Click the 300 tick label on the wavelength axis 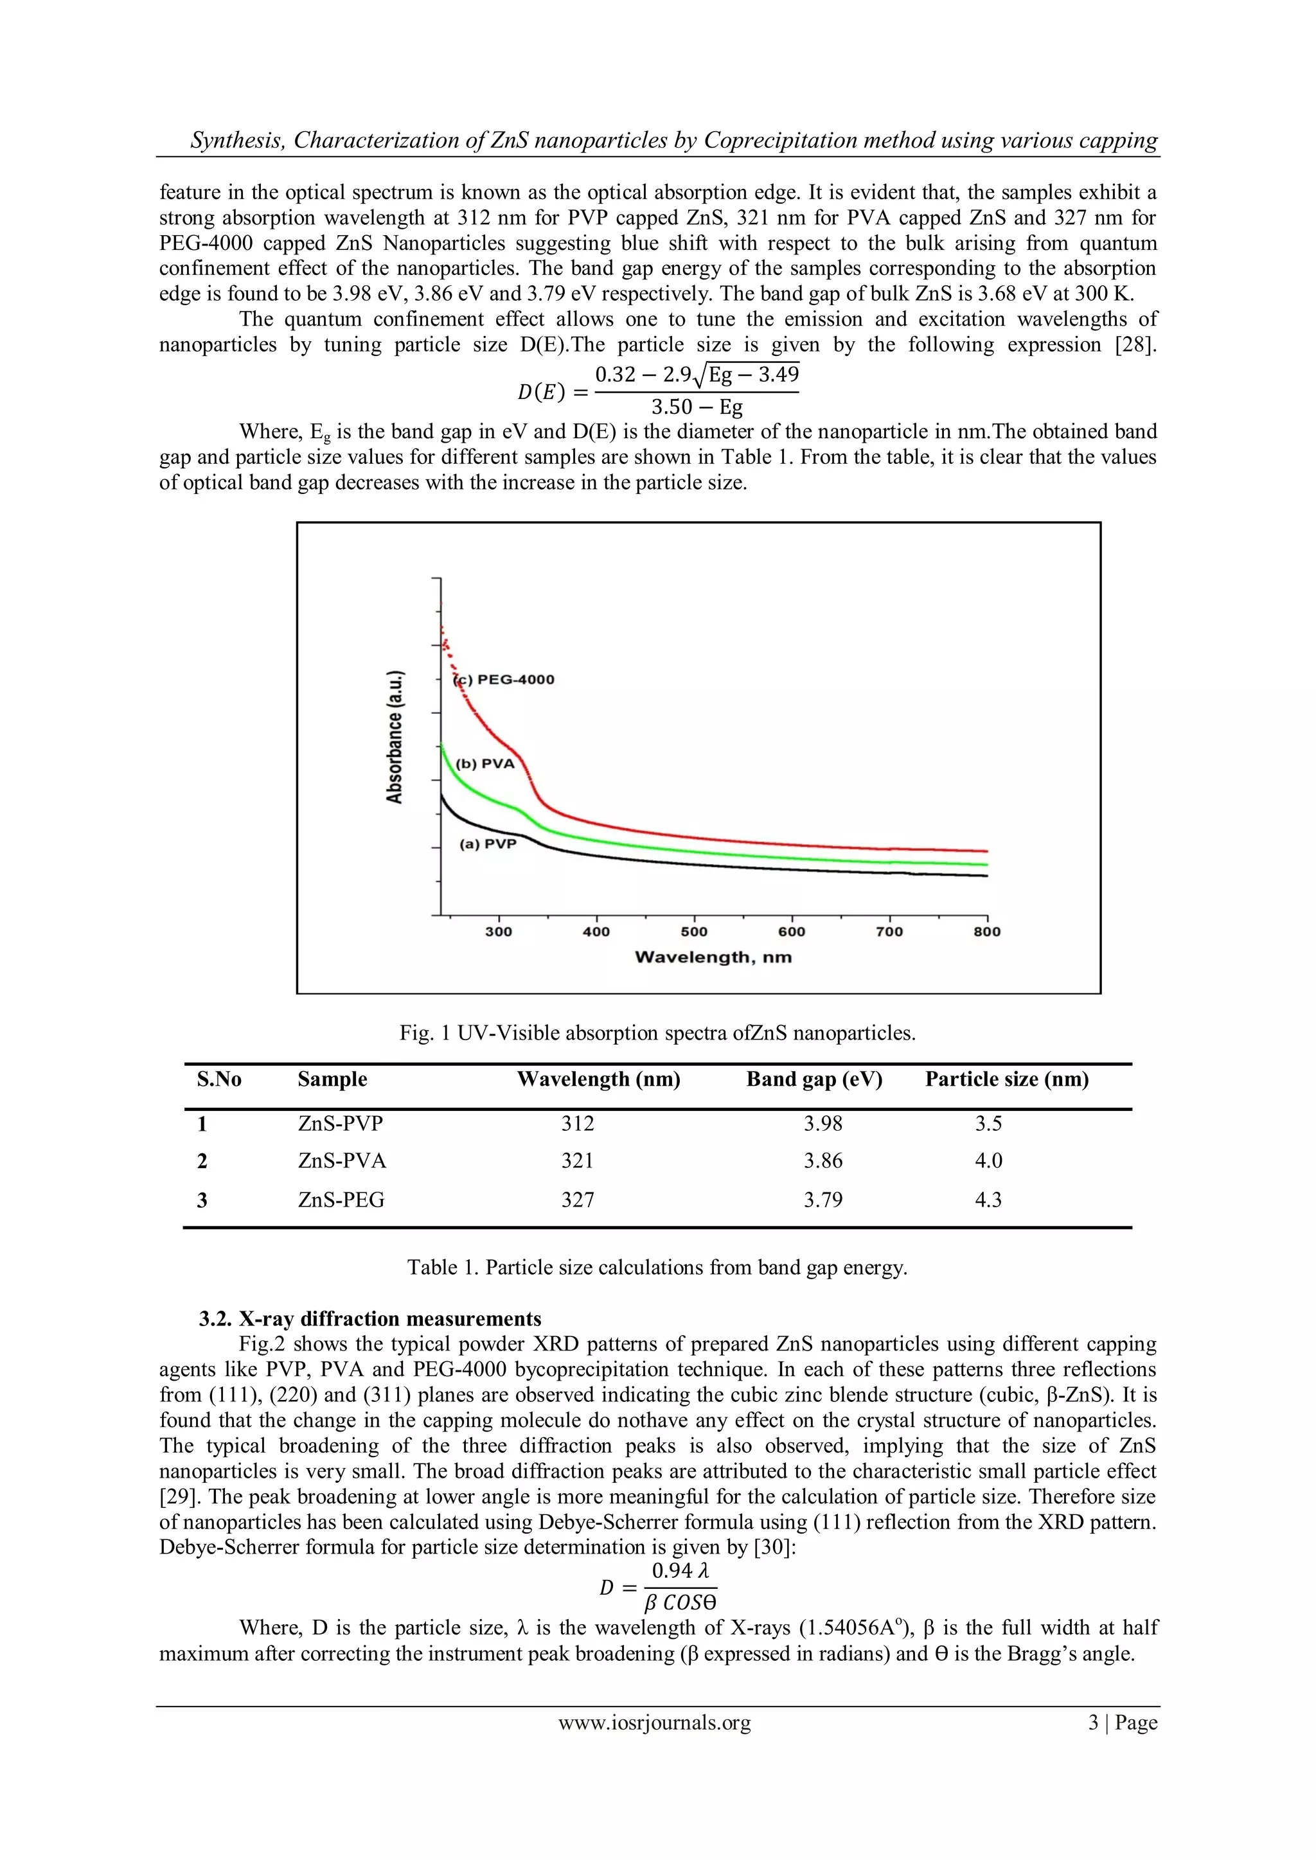pos(499,932)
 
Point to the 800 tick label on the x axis pos(987,932)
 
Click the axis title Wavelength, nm pos(713,957)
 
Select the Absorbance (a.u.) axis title pos(395,736)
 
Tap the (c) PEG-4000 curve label pos(504,680)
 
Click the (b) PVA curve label pos(485,764)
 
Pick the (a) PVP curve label pos(488,844)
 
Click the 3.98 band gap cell pos(822,1124)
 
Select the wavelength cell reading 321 pos(578,1161)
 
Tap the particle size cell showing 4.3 pos(988,1200)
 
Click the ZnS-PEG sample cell pos(341,1200)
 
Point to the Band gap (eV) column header pos(814,1079)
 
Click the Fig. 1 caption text pos(657,1033)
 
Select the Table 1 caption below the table pos(657,1267)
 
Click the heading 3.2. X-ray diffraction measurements pos(370,1319)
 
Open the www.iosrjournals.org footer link pos(655,1723)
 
